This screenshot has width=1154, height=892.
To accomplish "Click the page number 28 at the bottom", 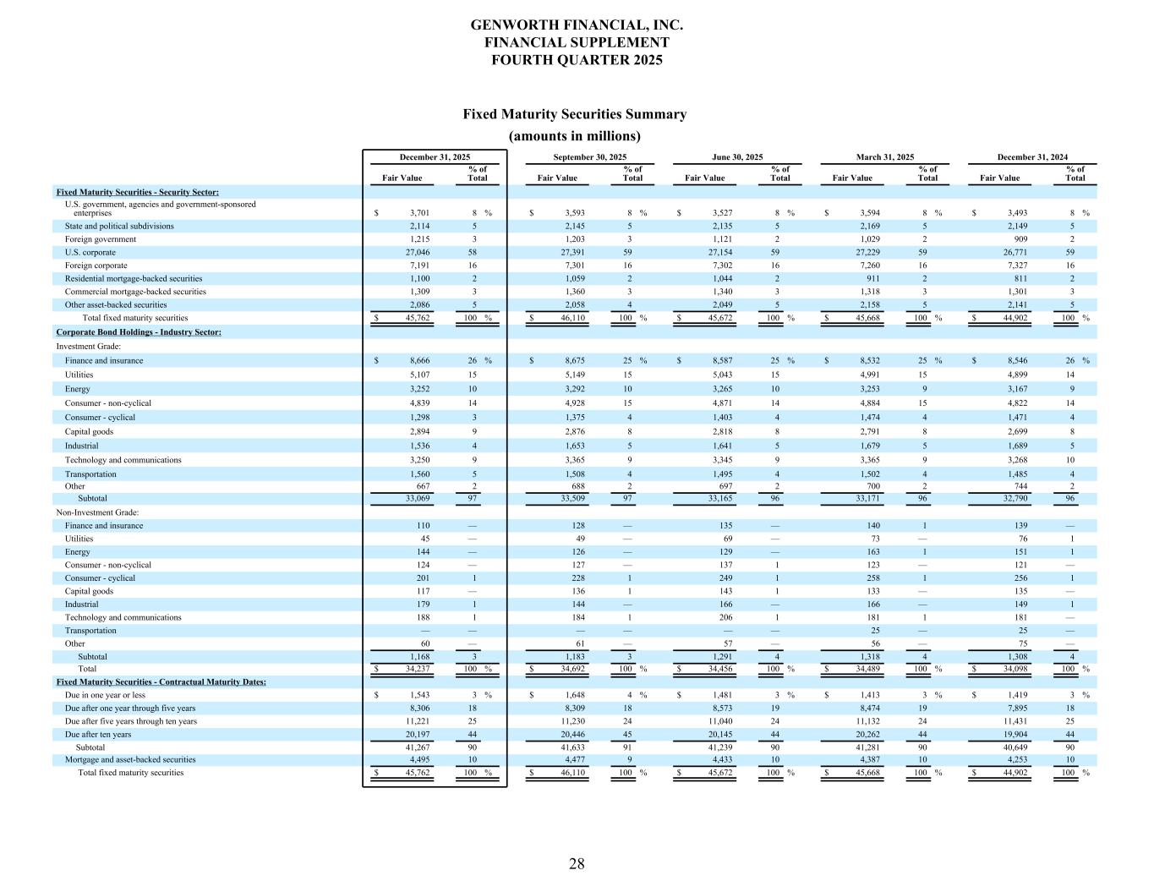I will (577, 863).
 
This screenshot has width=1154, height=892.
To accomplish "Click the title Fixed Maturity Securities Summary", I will (574, 114).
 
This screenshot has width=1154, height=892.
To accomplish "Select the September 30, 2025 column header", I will (589, 157).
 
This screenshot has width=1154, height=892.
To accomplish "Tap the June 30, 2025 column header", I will (737, 157).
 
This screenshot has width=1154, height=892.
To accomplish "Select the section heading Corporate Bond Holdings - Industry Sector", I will (139, 332).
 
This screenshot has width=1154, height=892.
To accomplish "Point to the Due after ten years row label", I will (98, 735).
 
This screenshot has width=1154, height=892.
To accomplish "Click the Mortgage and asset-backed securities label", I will (130, 759).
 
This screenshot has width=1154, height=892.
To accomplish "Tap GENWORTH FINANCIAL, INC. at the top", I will (577, 25).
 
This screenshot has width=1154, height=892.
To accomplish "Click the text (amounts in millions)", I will (574, 136).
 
